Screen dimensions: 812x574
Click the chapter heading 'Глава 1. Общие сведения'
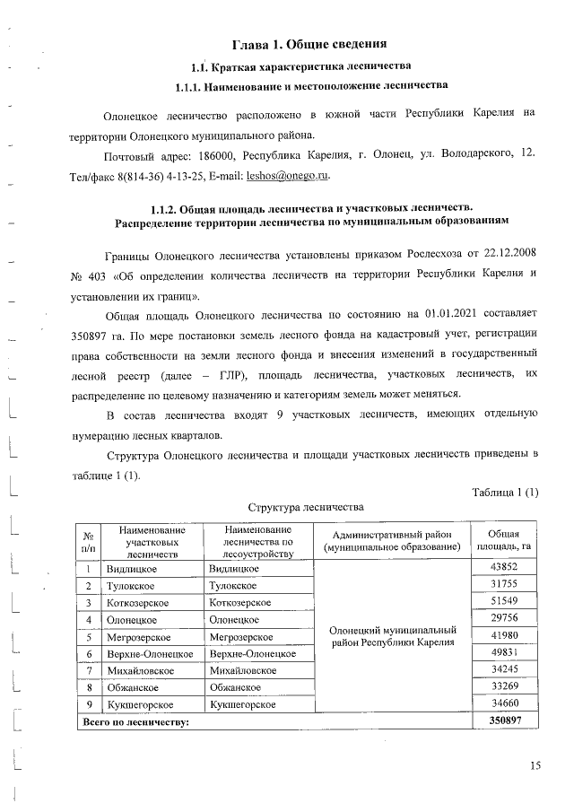click(x=309, y=44)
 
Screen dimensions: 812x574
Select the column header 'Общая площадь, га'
click(x=505, y=540)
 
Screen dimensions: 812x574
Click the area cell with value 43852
click(x=505, y=569)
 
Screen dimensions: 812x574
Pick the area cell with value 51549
click(x=505, y=601)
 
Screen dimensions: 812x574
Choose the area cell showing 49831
click(x=505, y=652)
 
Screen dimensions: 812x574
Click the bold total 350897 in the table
click(x=505, y=720)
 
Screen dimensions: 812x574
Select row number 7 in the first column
click(x=90, y=669)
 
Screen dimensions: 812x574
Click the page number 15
click(x=535, y=764)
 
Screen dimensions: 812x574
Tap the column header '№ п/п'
click(x=89, y=540)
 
